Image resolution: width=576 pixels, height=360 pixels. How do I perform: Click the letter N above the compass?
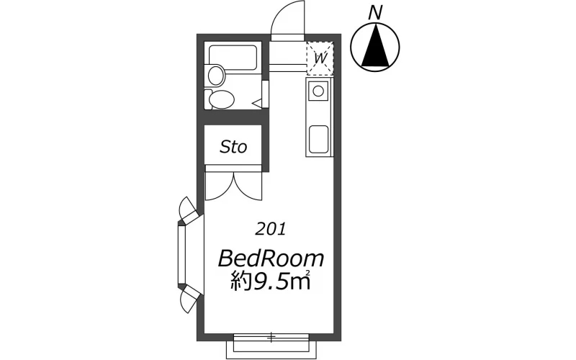pyautogui.click(x=374, y=13)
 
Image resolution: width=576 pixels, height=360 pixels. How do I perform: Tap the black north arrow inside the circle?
pyautogui.click(x=375, y=46)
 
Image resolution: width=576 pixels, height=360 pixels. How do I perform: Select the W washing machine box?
pyautogui.click(x=320, y=58)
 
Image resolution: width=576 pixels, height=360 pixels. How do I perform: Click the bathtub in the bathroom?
pyautogui.click(x=233, y=57)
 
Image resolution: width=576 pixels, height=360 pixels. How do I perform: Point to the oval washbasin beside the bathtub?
pyautogui.click(x=217, y=75)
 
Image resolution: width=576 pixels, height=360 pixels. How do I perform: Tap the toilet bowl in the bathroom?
pyautogui.click(x=222, y=99)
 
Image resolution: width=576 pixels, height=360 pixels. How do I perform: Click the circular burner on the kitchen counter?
pyautogui.click(x=318, y=91)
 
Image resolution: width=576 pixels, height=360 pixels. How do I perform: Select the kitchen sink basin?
pyautogui.click(x=318, y=139)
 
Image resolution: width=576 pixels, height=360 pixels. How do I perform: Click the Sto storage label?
pyautogui.click(x=233, y=147)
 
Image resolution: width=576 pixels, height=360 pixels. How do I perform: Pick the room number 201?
pyautogui.click(x=271, y=230)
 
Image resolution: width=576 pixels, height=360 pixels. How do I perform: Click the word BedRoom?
pyautogui.click(x=271, y=258)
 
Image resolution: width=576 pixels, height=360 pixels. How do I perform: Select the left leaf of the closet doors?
pyautogui.click(x=220, y=186)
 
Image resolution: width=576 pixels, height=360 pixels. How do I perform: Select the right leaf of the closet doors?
pyautogui.click(x=248, y=186)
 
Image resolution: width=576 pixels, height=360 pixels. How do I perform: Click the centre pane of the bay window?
pyautogui.click(x=182, y=255)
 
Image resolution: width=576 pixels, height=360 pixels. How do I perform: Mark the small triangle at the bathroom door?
pyautogui.click(x=257, y=104)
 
